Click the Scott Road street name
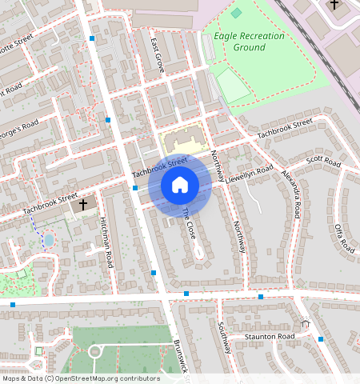pyautogui.click(x=323, y=163)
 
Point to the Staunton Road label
pyautogui.click(x=269, y=337)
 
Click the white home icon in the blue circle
pyautogui.click(x=180, y=186)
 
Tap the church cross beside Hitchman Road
pyautogui.click(x=82, y=205)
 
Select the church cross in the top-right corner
pyautogui.click(x=334, y=3)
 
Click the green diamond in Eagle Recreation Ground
pyautogui.click(x=235, y=14)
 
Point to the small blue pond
pyautogui.click(x=49, y=240)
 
